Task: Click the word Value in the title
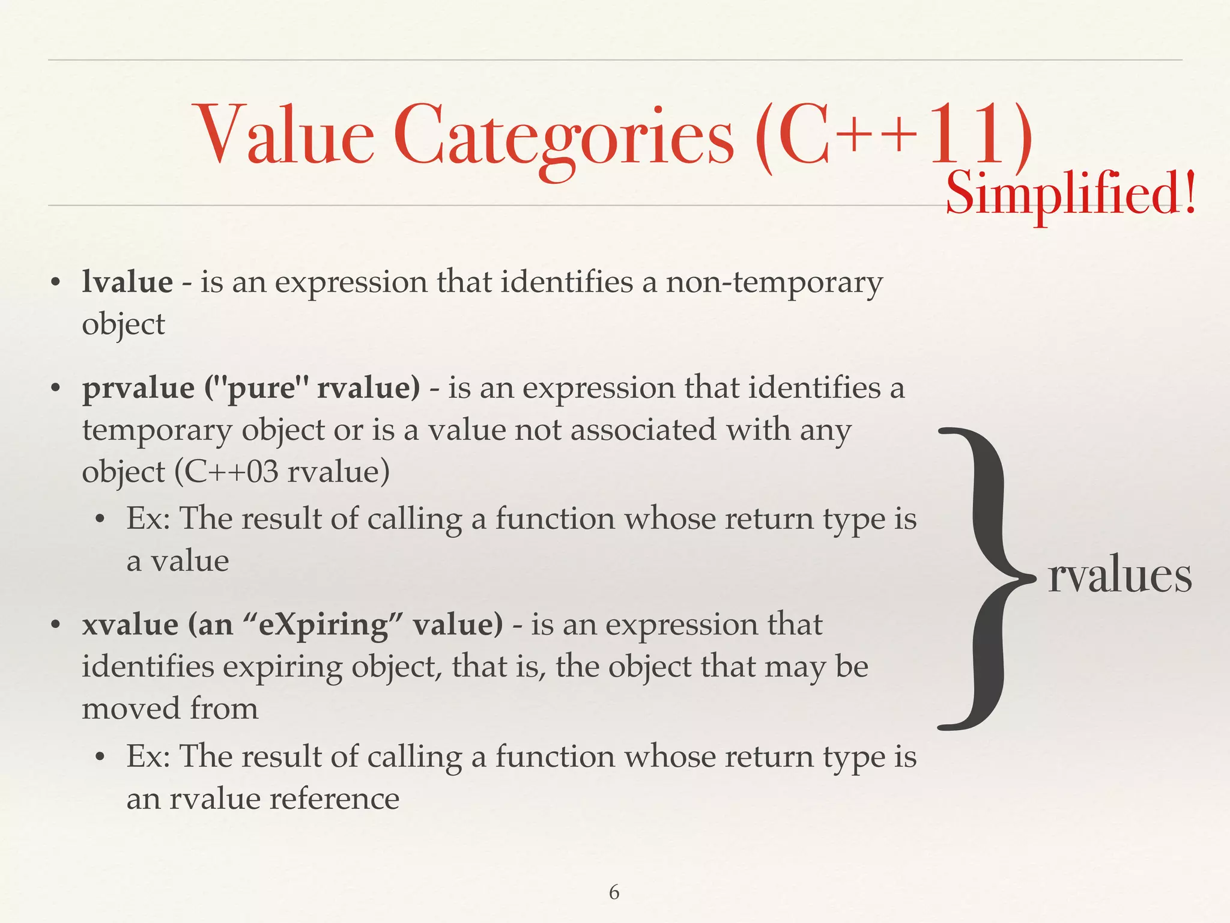[x=285, y=135]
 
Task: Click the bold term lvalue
[x=127, y=282]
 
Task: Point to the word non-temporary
[x=774, y=283]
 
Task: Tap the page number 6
[x=614, y=892]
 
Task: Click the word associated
[x=643, y=430]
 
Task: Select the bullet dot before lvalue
[x=56, y=282]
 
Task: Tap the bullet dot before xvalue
[x=56, y=625]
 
